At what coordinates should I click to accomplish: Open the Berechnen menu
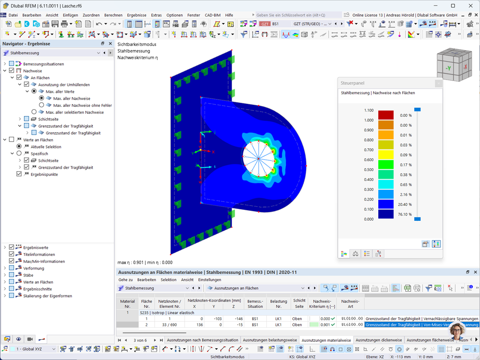[113, 15]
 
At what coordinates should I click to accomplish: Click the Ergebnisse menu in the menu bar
[136, 15]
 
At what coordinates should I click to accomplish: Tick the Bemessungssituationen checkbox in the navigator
[12, 64]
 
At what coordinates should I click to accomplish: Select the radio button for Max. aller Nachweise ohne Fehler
[42, 105]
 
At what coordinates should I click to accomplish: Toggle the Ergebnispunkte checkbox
[19, 174]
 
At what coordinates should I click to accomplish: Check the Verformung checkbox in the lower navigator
[12, 268]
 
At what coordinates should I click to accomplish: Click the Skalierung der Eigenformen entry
[47, 296]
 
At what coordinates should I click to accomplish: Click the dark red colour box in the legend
[386, 115]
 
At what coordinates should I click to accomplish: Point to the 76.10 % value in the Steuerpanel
[404, 214]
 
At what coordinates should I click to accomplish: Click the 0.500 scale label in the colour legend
[369, 170]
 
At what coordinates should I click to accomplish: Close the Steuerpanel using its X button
[438, 83]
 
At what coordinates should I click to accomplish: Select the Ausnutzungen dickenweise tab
[379, 340]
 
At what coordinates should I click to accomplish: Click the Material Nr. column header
[127, 304]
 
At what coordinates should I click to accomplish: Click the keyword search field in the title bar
[298, 15]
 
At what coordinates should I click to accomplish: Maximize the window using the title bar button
[453, 6]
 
